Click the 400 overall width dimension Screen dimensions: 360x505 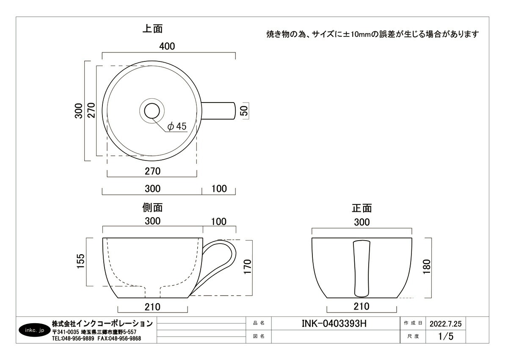[167, 46]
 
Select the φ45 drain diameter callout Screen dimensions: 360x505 [177, 126]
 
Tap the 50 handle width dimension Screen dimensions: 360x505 [245, 111]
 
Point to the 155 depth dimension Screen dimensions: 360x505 [81, 262]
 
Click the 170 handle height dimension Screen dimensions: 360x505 [248, 267]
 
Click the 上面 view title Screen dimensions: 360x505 [152, 29]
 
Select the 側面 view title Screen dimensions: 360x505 [152, 208]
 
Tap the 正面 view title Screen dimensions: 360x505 [362, 208]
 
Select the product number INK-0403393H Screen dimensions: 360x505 [334, 324]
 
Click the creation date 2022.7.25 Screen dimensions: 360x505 [445, 324]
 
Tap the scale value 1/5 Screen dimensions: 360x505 [445, 337]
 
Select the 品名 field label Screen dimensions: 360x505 [258, 323]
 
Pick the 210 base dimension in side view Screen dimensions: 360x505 [152, 307]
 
